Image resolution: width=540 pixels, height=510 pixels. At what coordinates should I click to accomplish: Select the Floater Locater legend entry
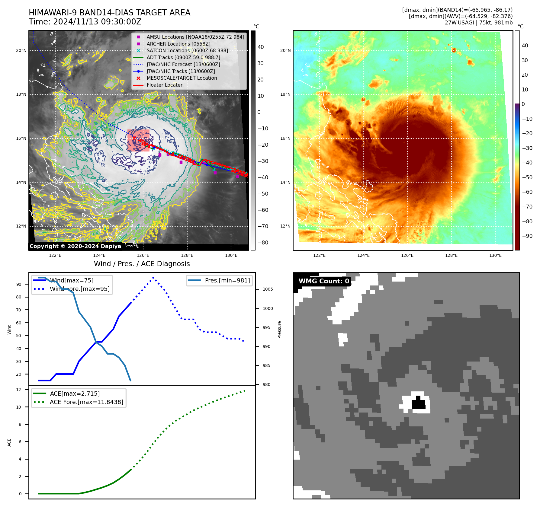[164, 85]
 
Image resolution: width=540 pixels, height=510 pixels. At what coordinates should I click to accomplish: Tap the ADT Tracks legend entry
[183, 57]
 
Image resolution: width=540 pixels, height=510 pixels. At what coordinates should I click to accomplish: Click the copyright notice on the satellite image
[75, 246]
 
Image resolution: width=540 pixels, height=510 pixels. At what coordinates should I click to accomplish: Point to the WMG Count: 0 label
[323, 281]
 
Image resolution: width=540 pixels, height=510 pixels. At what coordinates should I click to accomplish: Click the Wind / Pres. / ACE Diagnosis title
[142, 264]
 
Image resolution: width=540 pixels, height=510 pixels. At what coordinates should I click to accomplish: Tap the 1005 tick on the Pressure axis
[268, 289]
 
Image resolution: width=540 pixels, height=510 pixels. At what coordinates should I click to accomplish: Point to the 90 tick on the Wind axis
[19, 284]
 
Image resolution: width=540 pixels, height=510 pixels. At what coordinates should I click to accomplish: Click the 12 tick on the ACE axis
[19, 390]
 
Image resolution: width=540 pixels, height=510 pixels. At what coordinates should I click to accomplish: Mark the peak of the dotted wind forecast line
[153, 277]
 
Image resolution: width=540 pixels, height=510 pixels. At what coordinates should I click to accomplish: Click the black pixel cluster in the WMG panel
[419, 403]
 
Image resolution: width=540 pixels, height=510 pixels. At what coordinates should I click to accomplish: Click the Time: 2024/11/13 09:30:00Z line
[85, 22]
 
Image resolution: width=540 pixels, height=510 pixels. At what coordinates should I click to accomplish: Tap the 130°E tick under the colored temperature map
[495, 256]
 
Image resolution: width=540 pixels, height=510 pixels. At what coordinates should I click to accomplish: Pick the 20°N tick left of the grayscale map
[21, 51]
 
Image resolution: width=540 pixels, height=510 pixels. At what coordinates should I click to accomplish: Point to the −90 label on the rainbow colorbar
[527, 236]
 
